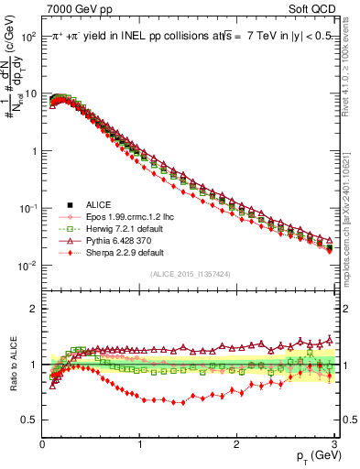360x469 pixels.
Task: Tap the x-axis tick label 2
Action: coord(236,443)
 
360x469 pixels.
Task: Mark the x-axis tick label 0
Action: coord(42,443)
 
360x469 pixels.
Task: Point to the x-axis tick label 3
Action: coord(333,443)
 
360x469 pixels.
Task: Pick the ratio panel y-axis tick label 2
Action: coord(34,309)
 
